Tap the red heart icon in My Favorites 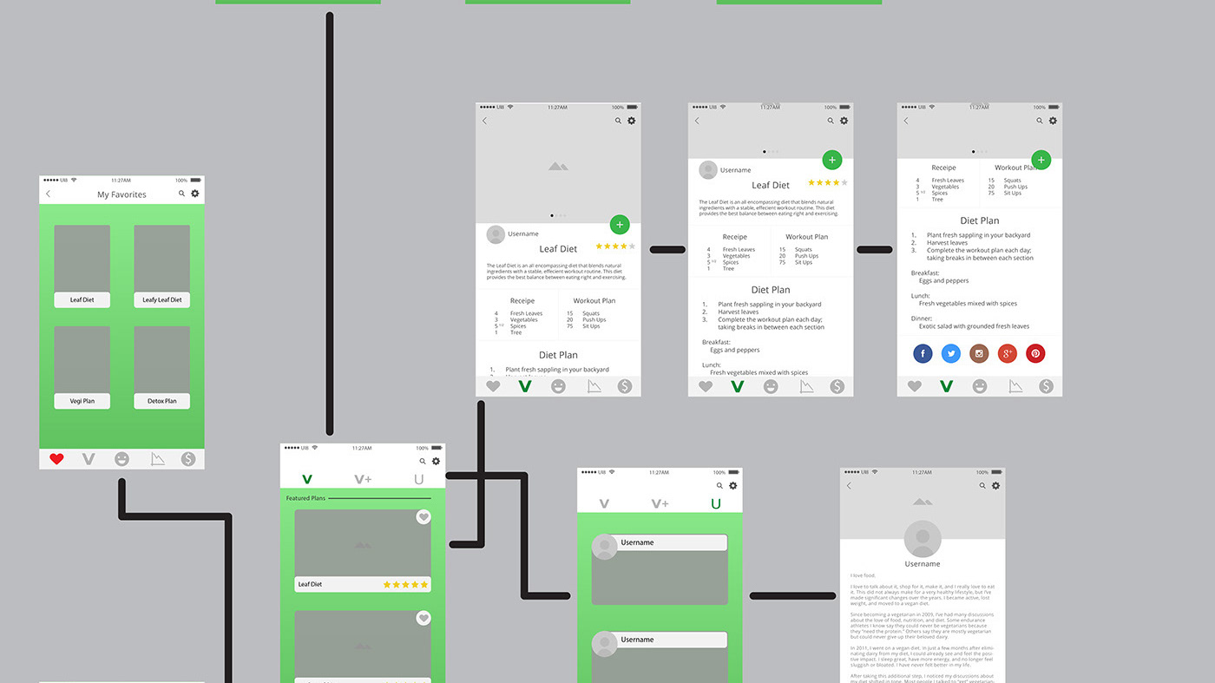pos(56,459)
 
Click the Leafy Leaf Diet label pos(162,300)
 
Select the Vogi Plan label pos(82,401)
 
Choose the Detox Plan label pos(162,401)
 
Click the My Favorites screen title pos(121,194)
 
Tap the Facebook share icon pos(923,353)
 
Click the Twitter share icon pos(951,353)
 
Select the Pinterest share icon pos(1035,353)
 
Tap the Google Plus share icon pos(1007,353)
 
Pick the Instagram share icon pos(979,353)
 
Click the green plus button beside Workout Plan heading pos(1041,160)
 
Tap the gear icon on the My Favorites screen pos(194,194)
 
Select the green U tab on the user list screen pos(716,503)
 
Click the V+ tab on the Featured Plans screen pos(363,479)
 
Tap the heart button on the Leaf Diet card pos(424,517)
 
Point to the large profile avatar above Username pos(922,539)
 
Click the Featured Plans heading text pos(305,499)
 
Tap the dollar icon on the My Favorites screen pos(188,459)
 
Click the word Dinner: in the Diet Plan pos(920,319)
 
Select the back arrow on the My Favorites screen pos(49,194)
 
